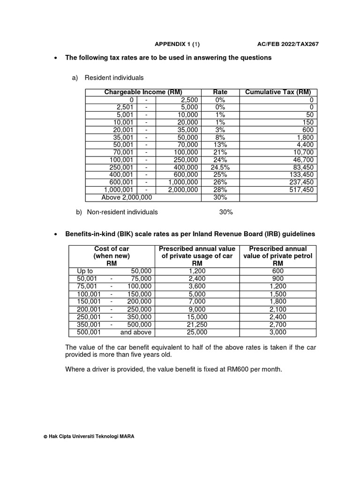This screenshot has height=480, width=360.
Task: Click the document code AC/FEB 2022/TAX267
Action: pos(288,44)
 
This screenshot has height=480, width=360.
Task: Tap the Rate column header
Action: pos(220,92)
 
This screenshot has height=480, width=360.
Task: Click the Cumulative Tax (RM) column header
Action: pos(278,92)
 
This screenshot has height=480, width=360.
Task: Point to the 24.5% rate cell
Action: pos(220,167)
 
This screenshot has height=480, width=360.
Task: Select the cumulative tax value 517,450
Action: pos(301,190)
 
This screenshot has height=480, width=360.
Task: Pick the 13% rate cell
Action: pos(220,145)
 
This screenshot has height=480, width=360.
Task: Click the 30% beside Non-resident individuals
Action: pos(226,212)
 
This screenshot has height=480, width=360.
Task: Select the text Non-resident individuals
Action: pos(122,212)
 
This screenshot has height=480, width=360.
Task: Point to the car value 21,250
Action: pos(197,324)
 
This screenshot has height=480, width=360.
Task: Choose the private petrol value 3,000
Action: pos(277,332)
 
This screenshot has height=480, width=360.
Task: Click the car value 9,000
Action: pos(197,309)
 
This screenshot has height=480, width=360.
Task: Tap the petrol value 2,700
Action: pos(277,324)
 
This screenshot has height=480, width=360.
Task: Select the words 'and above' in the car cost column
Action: pos(136,332)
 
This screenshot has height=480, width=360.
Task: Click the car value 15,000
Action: pos(197,317)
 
